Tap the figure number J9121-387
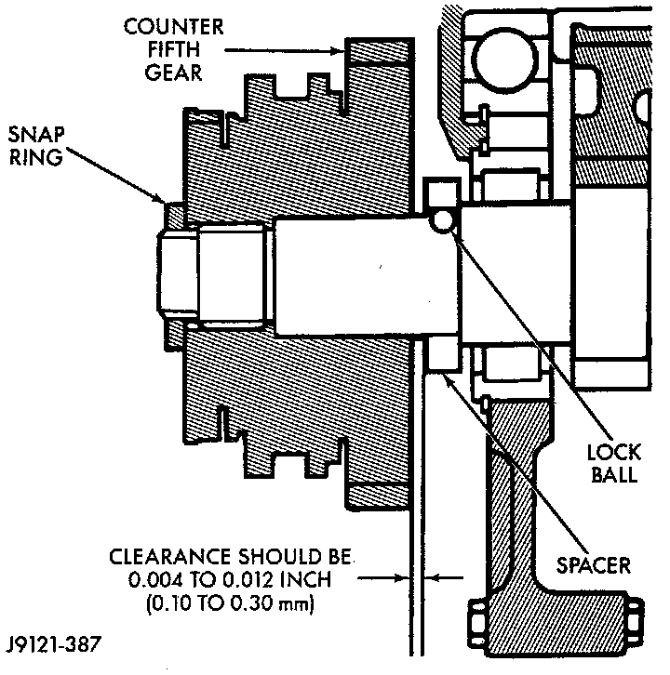55,642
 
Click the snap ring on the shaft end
173,215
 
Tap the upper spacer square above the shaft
436,194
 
